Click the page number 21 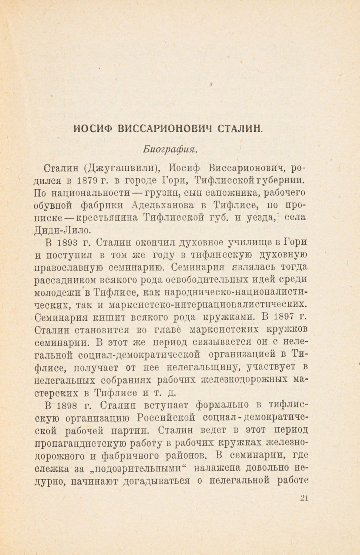point(304,498)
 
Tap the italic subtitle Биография point(170,149)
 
